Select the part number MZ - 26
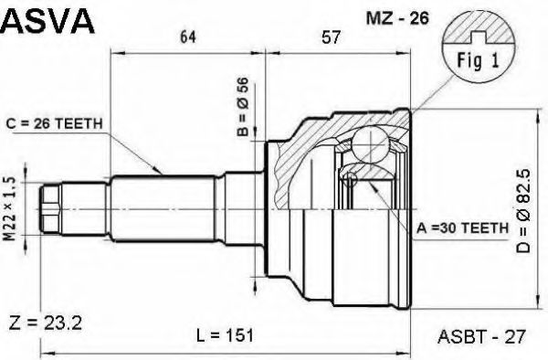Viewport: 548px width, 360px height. coord(397,18)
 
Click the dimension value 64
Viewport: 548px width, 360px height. coord(188,37)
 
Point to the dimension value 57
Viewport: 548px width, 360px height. coord(331,37)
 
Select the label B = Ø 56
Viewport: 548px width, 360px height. coord(243,106)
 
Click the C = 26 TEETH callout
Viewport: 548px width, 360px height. coord(54,123)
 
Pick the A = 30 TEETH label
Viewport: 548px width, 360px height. coord(462,228)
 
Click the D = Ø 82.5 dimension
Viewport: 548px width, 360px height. coord(523,211)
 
